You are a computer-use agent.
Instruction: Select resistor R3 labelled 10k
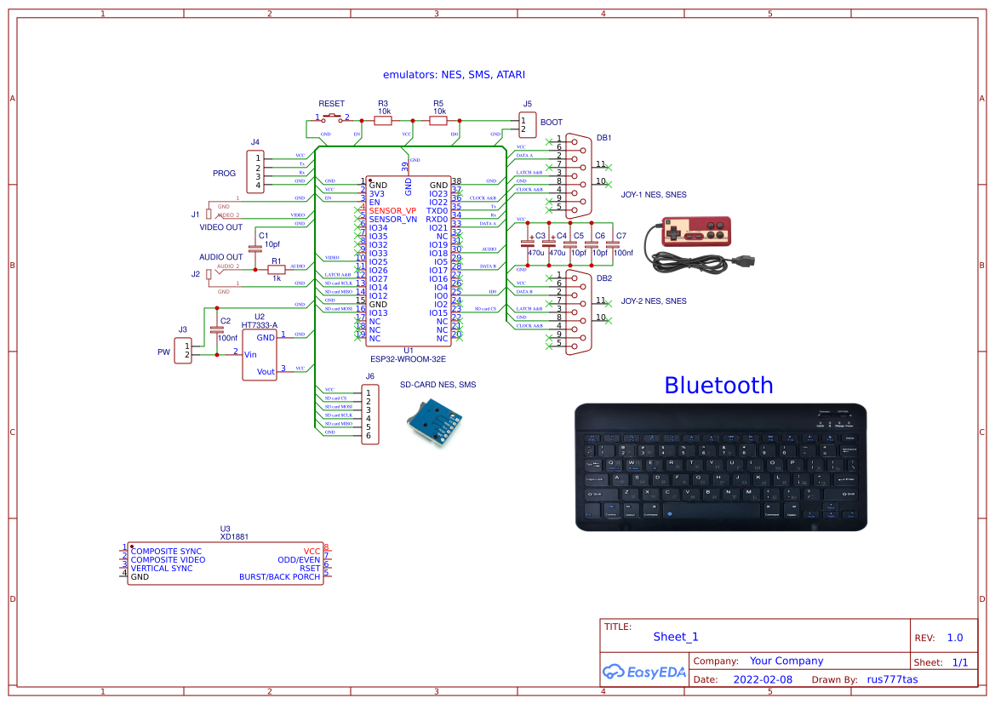[383, 121]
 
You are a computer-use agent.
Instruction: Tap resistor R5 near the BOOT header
[438, 121]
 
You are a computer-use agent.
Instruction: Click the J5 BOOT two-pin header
[528, 124]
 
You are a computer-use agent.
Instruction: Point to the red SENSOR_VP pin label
[392, 210]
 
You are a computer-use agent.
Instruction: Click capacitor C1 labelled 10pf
[254, 249]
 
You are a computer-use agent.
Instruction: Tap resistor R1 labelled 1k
[277, 271]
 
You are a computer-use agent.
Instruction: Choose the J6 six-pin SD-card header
[369, 414]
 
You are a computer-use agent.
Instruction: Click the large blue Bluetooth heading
[718, 386]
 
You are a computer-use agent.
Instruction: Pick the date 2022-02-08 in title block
[762, 679]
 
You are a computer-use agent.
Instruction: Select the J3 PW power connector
[183, 350]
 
